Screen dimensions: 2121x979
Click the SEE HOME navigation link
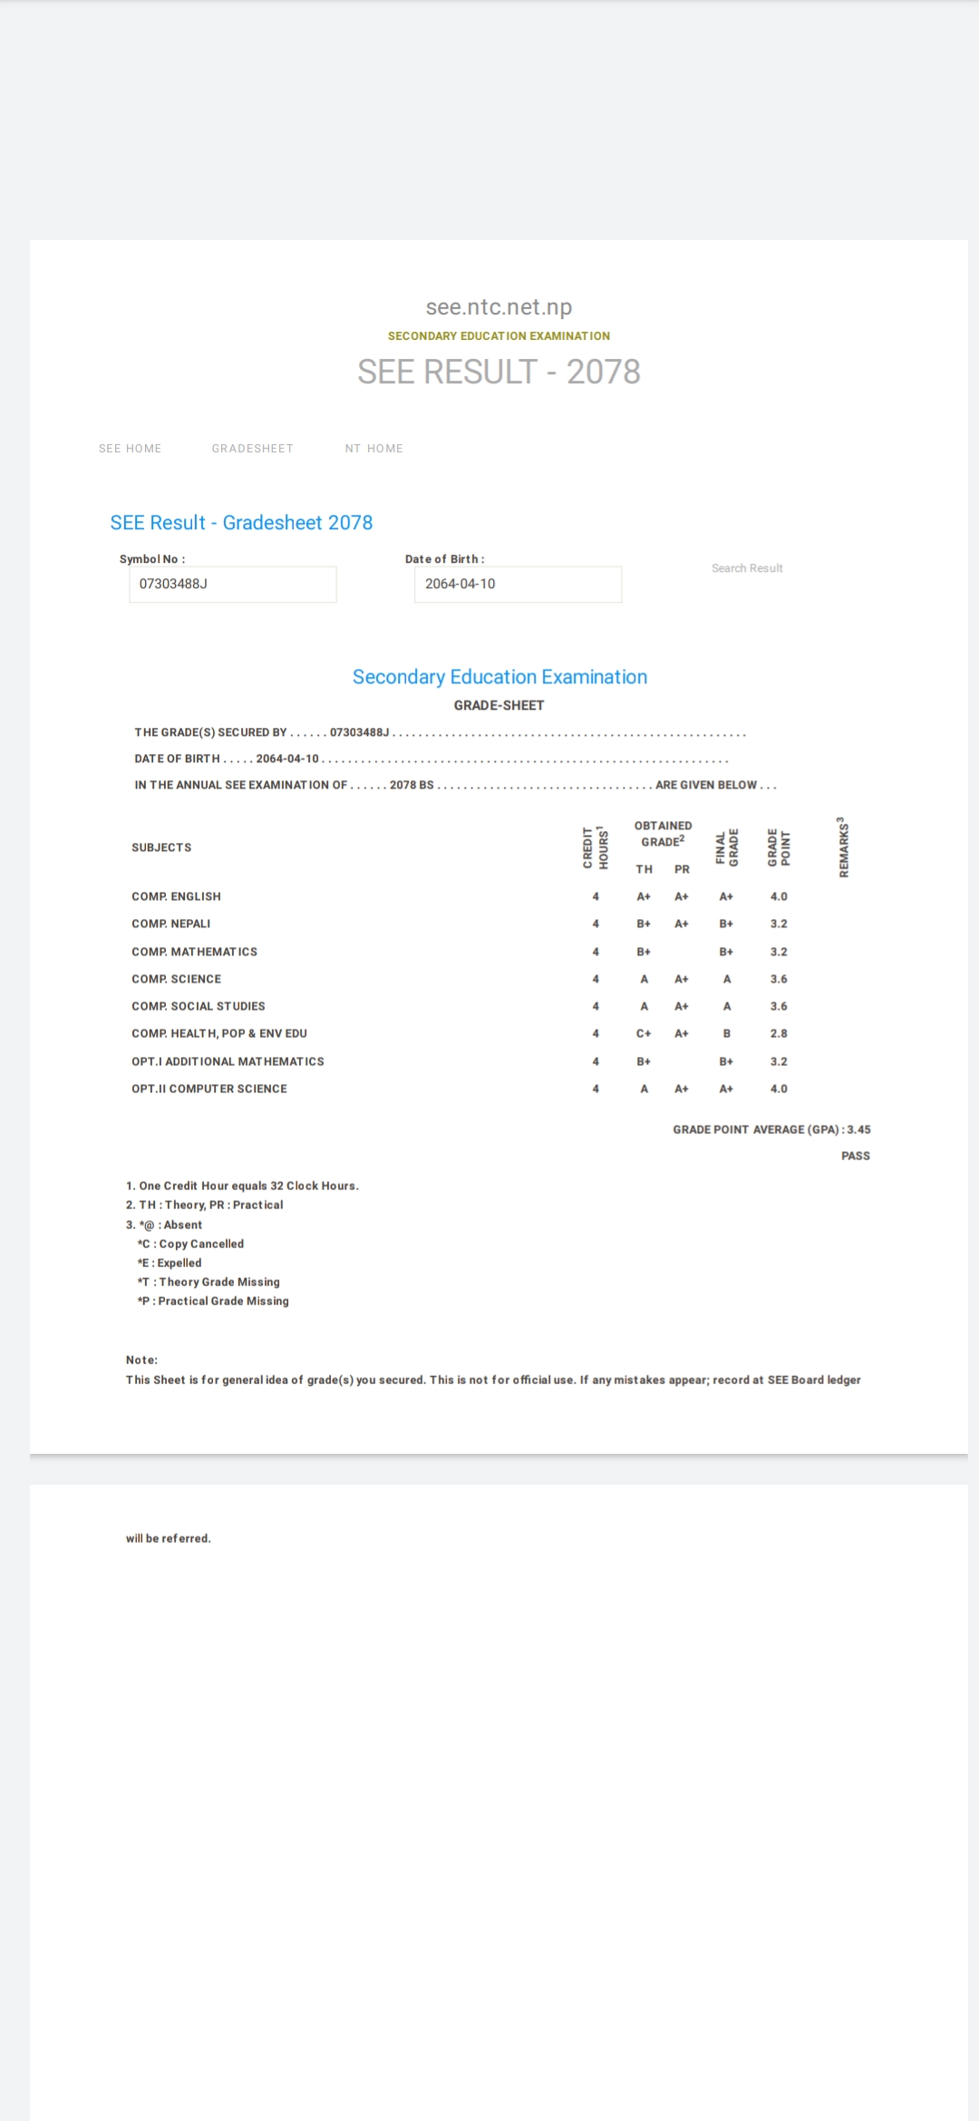coord(130,449)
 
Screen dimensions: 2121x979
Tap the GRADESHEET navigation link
coord(252,449)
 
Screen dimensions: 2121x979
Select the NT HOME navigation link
coord(373,449)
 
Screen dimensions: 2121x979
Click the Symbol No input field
coord(233,585)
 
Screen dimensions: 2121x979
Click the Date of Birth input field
coord(518,585)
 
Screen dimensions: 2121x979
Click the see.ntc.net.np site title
coord(499,307)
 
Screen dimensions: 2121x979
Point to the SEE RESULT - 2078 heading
coord(499,372)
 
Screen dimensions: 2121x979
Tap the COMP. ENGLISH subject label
coord(176,896)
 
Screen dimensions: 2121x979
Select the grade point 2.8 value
coord(779,1033)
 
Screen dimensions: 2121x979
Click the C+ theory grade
coord(644,1033)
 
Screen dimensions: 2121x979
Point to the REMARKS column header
coord(844,847)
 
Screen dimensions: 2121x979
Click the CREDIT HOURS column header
coord(596,847)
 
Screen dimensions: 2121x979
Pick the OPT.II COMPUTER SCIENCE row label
coord(209,1089)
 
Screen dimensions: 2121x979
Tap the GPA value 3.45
coord(858,1129)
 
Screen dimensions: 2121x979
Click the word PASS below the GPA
coord(855,1156)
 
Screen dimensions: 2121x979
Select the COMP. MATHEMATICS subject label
coord(194,952)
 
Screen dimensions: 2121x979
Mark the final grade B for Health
coord(726,1033)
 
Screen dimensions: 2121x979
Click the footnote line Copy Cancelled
coord(191,1244)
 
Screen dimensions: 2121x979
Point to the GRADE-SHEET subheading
coord(499,705)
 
